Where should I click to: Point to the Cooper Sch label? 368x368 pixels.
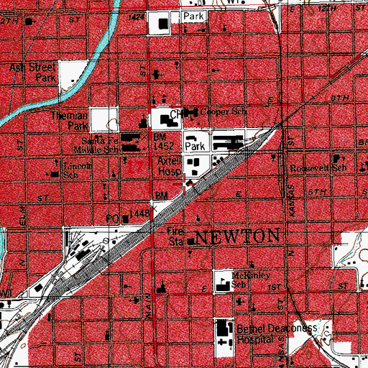(x=218, y=114)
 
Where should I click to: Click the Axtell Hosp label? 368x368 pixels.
(x=170, y=168)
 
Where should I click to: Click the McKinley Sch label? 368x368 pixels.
(x=247, y=279)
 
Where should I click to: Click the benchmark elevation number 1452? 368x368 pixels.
(x=164, y=144)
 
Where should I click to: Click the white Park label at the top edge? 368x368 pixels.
(x=193, y=16)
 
